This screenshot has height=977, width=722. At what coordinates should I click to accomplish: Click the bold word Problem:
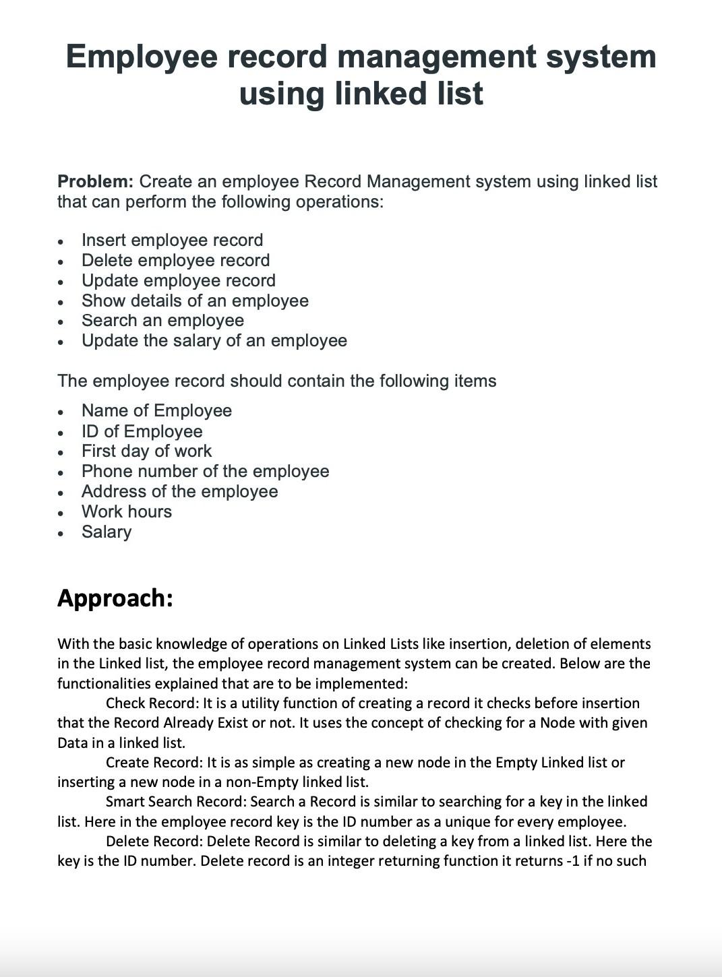[95, 181]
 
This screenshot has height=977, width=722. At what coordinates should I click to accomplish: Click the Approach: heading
[115, 598]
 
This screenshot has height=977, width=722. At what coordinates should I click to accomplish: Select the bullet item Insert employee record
[172, 240]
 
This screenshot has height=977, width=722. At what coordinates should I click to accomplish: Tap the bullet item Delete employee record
[175, 260]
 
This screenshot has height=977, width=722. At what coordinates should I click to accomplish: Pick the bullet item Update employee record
[178, 280]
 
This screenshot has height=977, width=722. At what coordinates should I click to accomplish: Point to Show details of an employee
[195, 301]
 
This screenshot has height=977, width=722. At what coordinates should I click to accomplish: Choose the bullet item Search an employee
[162, 321]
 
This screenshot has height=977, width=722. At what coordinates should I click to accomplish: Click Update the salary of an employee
[214, 341]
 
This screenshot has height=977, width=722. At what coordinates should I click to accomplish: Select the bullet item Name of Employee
[156, 411]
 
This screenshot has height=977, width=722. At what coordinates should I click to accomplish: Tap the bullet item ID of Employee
[142, 431]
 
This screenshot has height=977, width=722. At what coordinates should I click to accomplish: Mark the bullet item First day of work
[146, 451]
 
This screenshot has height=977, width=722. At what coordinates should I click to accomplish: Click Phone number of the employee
[205, 472]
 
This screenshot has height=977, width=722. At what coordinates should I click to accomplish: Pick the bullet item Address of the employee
[179, 492]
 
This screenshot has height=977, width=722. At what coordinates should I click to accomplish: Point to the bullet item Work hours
[126, 512]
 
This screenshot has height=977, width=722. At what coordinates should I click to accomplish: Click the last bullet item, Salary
[107, 532]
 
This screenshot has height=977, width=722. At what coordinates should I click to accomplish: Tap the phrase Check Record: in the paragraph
[152, 703]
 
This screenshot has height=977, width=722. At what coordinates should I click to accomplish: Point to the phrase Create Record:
[154, 763]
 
